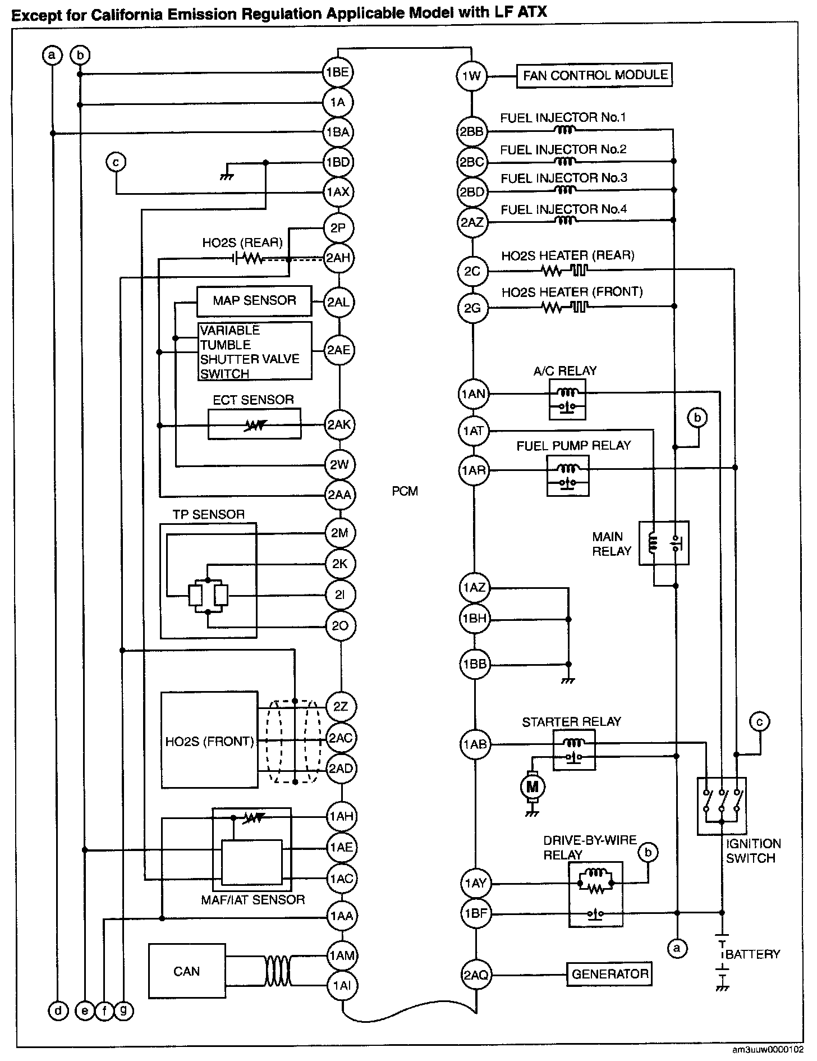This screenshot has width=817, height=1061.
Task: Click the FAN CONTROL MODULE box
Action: [x=594, y=75]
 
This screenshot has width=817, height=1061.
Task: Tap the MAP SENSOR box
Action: [x=254, y=301]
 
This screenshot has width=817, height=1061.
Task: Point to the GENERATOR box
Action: [x=610, y=974]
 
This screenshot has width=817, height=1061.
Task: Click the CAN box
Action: [x=187, y=971]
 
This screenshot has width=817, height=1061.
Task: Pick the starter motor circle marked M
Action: [x=530, y=787]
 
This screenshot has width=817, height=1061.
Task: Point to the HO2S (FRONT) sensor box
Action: [x=209, y=740]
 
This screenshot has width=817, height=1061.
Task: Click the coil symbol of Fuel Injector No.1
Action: [x=565, y=131]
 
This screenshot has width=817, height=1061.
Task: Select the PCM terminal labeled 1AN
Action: [x=474, y=394]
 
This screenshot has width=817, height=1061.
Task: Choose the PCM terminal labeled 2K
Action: [x=340, y=564]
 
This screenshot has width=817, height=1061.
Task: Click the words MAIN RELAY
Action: [x=612, y=544]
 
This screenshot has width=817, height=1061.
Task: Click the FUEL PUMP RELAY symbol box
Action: [x=568, y=475]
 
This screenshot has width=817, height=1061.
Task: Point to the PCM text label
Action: [x=405, y=491]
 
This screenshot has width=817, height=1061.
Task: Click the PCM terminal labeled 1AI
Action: [x=341, y=986]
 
